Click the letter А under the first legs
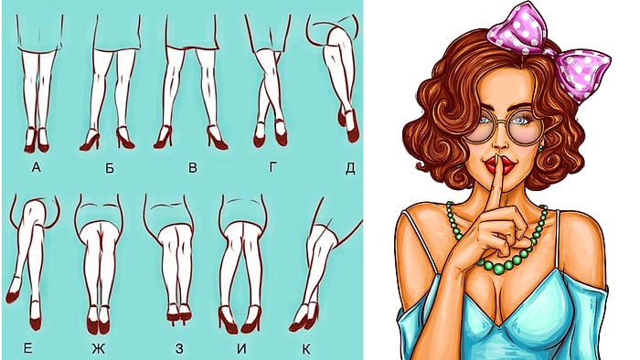[37, 166]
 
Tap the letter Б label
[110, 167]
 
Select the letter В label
[193, 167]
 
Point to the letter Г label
[273, 166]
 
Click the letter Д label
[350, 168]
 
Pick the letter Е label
[27, 348]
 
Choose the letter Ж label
[99, 349]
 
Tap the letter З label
[179, 349]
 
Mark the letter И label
[242, 349]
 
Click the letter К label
[306, 349]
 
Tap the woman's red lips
[499, 166]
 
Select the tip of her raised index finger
[497, 157]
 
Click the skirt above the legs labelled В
[192, 32]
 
